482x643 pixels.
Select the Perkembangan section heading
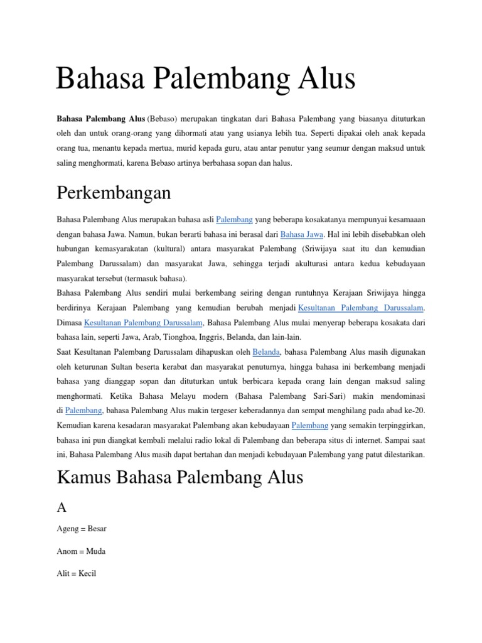click(x=114, y=192)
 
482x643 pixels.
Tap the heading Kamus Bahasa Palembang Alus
click(x=179, y=478)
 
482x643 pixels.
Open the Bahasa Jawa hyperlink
click(x=301, y=234)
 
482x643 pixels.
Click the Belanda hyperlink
click(x=266, y=352)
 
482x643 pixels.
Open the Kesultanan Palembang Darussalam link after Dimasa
click(x=144, y=323)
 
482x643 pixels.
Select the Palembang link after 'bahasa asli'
click(x=234, y=220)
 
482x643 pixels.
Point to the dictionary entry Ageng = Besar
click(x=82, y=529)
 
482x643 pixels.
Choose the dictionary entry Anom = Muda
click(x=81, y=551)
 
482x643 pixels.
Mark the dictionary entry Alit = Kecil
click(x=77, y=574)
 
